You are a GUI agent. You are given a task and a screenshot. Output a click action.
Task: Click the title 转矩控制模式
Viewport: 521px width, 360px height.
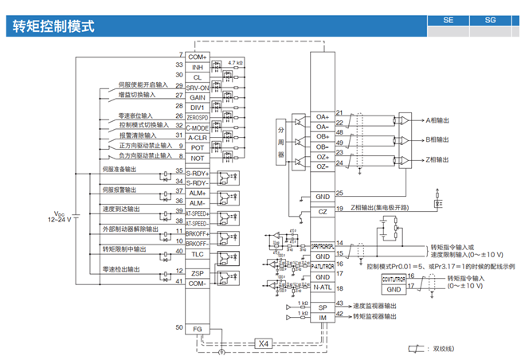tap(54, 26)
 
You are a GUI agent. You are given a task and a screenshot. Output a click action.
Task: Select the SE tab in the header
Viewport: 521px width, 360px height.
tap(448, 22)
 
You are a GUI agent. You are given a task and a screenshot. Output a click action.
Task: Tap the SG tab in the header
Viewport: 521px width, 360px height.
tap(489, 22)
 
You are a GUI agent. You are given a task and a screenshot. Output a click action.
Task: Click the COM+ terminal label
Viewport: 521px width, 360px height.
tap(197, 57)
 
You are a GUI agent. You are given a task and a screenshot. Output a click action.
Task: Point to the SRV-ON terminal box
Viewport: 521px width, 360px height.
tap(197, 88)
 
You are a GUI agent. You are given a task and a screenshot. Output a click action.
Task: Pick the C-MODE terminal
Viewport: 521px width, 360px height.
tap(197, 127)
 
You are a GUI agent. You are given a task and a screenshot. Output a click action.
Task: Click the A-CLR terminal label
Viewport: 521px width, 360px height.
tap(197, 137)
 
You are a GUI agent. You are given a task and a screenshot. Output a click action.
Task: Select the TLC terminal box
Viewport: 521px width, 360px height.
tap(197, 254)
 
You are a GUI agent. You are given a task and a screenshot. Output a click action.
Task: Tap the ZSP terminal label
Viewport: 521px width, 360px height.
tap(197, 273)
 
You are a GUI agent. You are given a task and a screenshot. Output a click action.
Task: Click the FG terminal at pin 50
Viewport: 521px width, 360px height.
tap(197, 328)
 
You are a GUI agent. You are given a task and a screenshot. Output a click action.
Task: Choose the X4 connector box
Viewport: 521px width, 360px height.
tap(264, 343)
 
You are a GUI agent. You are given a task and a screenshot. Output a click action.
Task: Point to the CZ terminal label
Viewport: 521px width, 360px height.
tap(322, 211)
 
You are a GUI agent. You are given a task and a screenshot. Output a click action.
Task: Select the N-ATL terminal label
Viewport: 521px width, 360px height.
tap(322, 288)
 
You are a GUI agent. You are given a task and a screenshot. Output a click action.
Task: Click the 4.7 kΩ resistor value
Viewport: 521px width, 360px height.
tap(235, 62)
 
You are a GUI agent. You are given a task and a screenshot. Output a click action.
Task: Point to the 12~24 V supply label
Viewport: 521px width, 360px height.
tap(60, 217)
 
